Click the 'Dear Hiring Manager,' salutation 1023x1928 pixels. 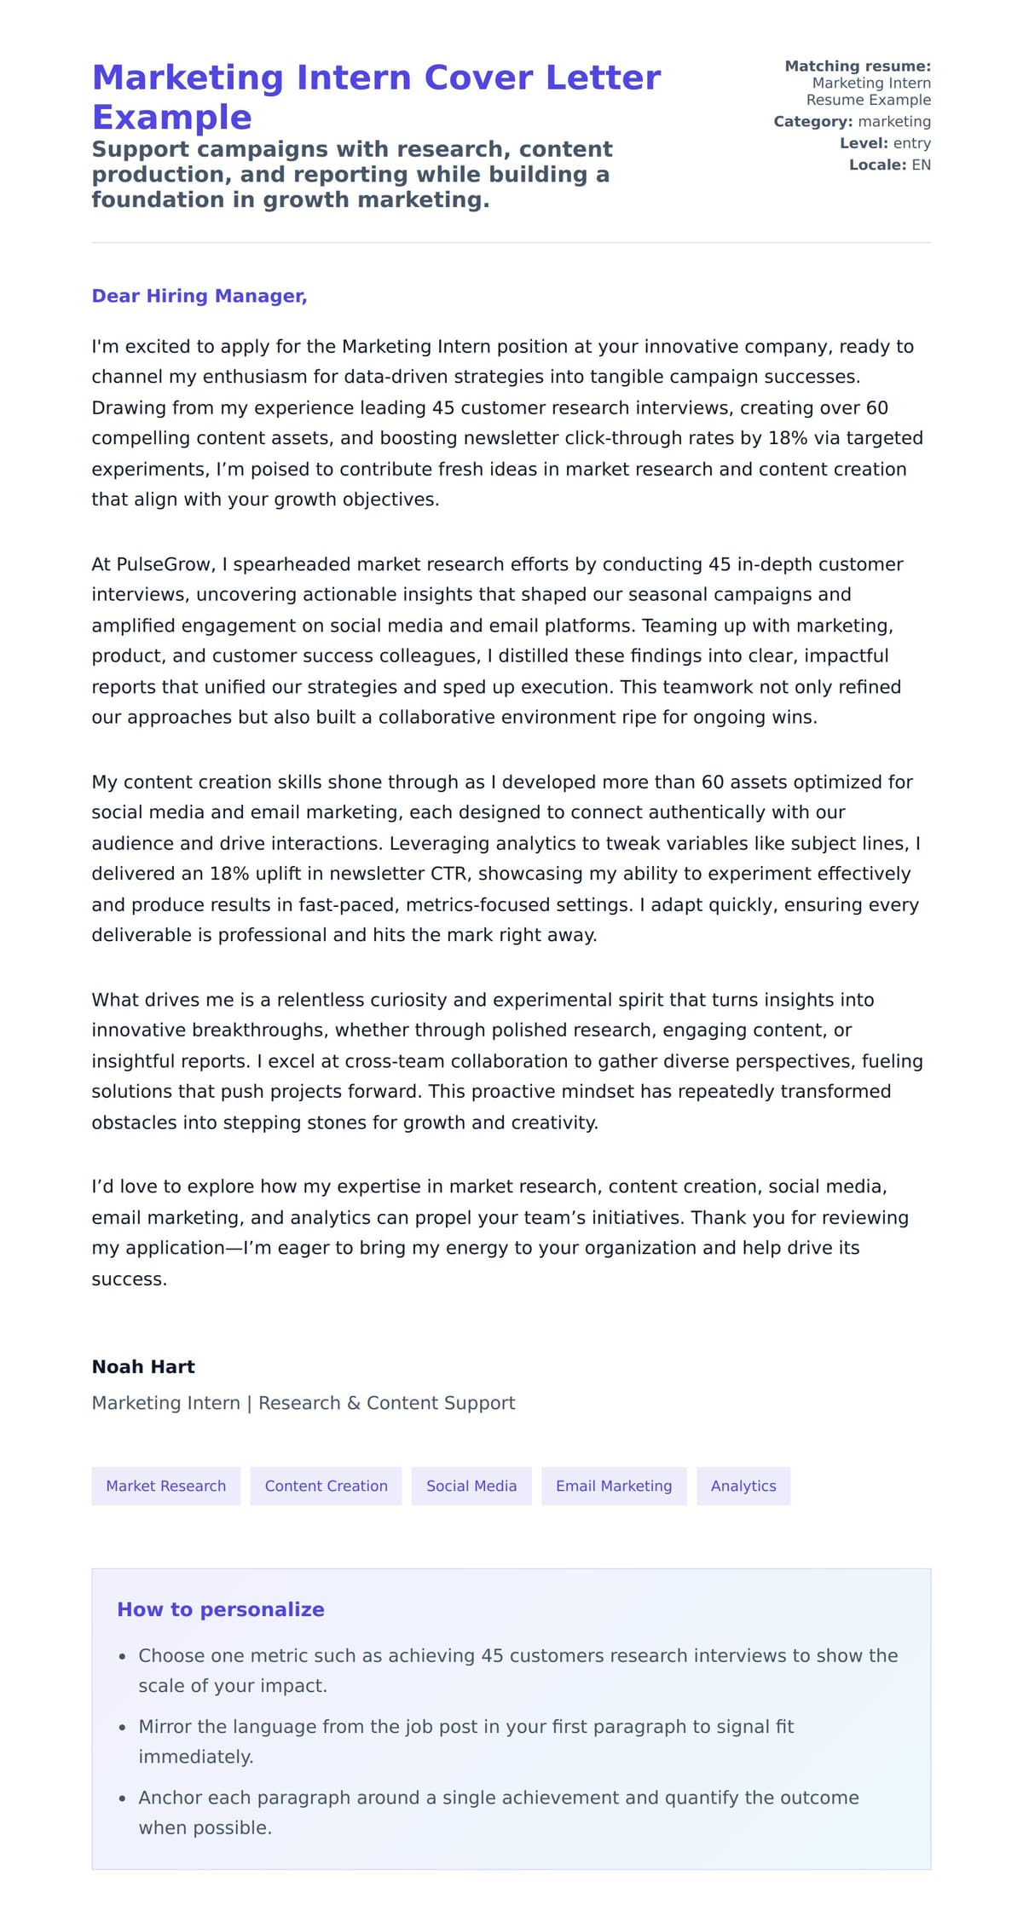199,296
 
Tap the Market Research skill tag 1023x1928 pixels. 165,1486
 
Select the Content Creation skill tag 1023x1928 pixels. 326,1486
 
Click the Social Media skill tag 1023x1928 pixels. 471,1486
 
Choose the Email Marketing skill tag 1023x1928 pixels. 614,1486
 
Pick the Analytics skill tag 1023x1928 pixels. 743,1486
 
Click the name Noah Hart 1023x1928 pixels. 143,1366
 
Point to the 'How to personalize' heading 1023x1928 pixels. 220,1609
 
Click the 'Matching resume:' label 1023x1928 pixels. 857,66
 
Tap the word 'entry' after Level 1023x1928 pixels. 911,143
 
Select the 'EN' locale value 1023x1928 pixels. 921,165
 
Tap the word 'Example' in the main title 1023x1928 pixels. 171,117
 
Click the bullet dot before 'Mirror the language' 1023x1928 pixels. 122,1728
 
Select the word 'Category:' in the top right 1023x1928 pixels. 812,122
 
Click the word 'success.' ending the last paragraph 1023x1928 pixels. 129,1279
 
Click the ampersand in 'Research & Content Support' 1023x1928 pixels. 354,1403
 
